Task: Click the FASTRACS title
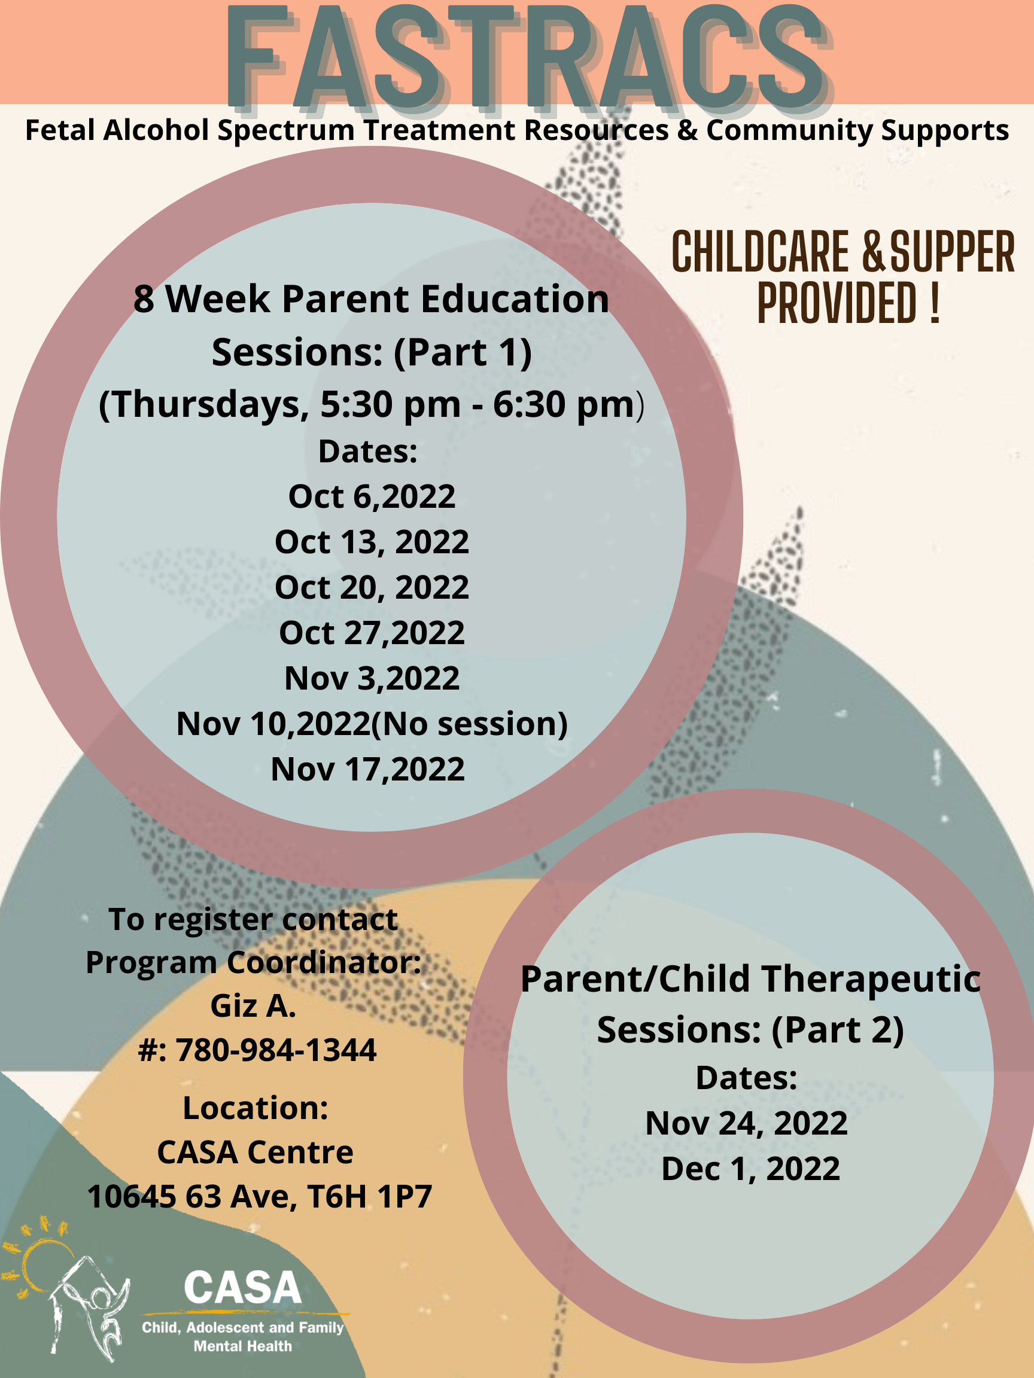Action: click(527, 57)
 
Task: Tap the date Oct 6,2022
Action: click(372, 496)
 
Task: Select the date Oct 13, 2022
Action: click(372, 542)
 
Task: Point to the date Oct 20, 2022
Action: click(372, 587)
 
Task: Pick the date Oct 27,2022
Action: click(372, 633)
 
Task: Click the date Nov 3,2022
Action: click(372, 678)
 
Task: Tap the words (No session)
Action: click(469, 724)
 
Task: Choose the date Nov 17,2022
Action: click(368, 769)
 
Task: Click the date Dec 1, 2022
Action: click(750, 1169)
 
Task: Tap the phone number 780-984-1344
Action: click(275, 1050)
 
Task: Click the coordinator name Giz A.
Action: click(253, 1006)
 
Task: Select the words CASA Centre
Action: click(255, 1153)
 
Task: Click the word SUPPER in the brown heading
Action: click(953, 252)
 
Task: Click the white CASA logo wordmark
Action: click(242, 1288)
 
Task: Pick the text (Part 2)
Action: click(838, 1031)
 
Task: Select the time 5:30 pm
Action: click(391, 404)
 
